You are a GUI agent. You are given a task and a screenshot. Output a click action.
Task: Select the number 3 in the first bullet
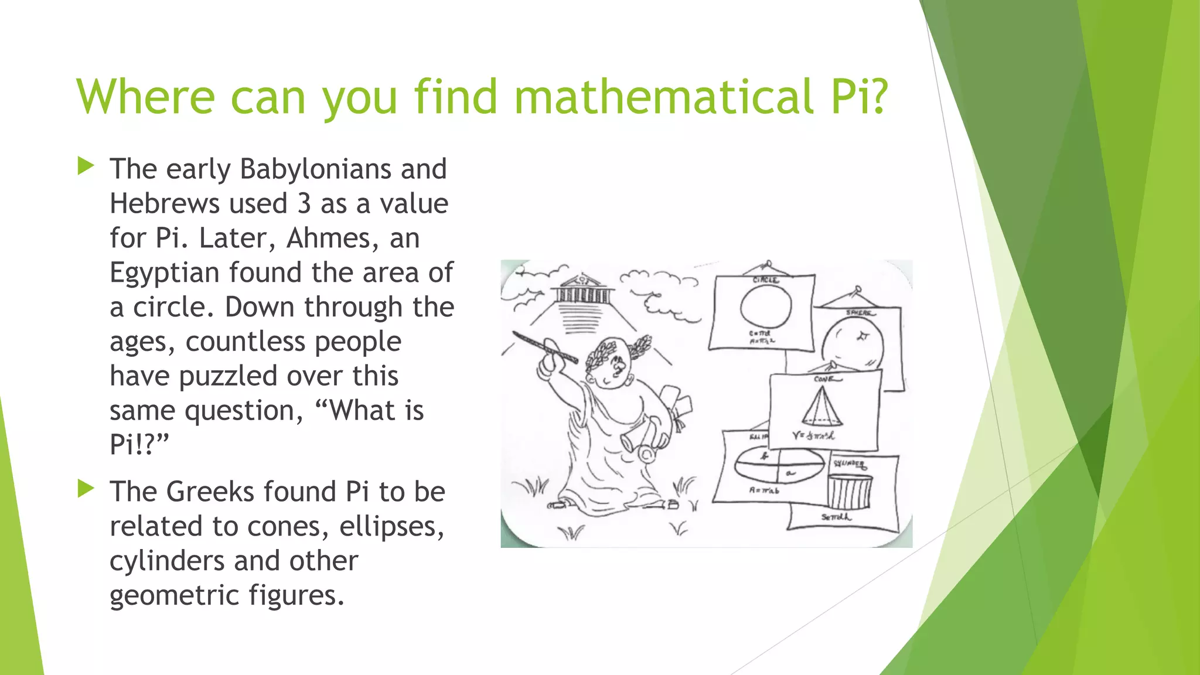304,204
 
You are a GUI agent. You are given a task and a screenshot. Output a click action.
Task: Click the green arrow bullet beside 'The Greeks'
86,489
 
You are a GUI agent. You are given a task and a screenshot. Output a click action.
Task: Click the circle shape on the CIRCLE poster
765,306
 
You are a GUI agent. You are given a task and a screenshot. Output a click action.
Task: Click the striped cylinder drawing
850,491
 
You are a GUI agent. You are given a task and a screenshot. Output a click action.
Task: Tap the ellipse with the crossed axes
778,466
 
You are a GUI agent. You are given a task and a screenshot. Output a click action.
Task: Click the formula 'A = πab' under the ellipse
764,490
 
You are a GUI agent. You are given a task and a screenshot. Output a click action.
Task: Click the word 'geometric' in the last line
175,595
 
